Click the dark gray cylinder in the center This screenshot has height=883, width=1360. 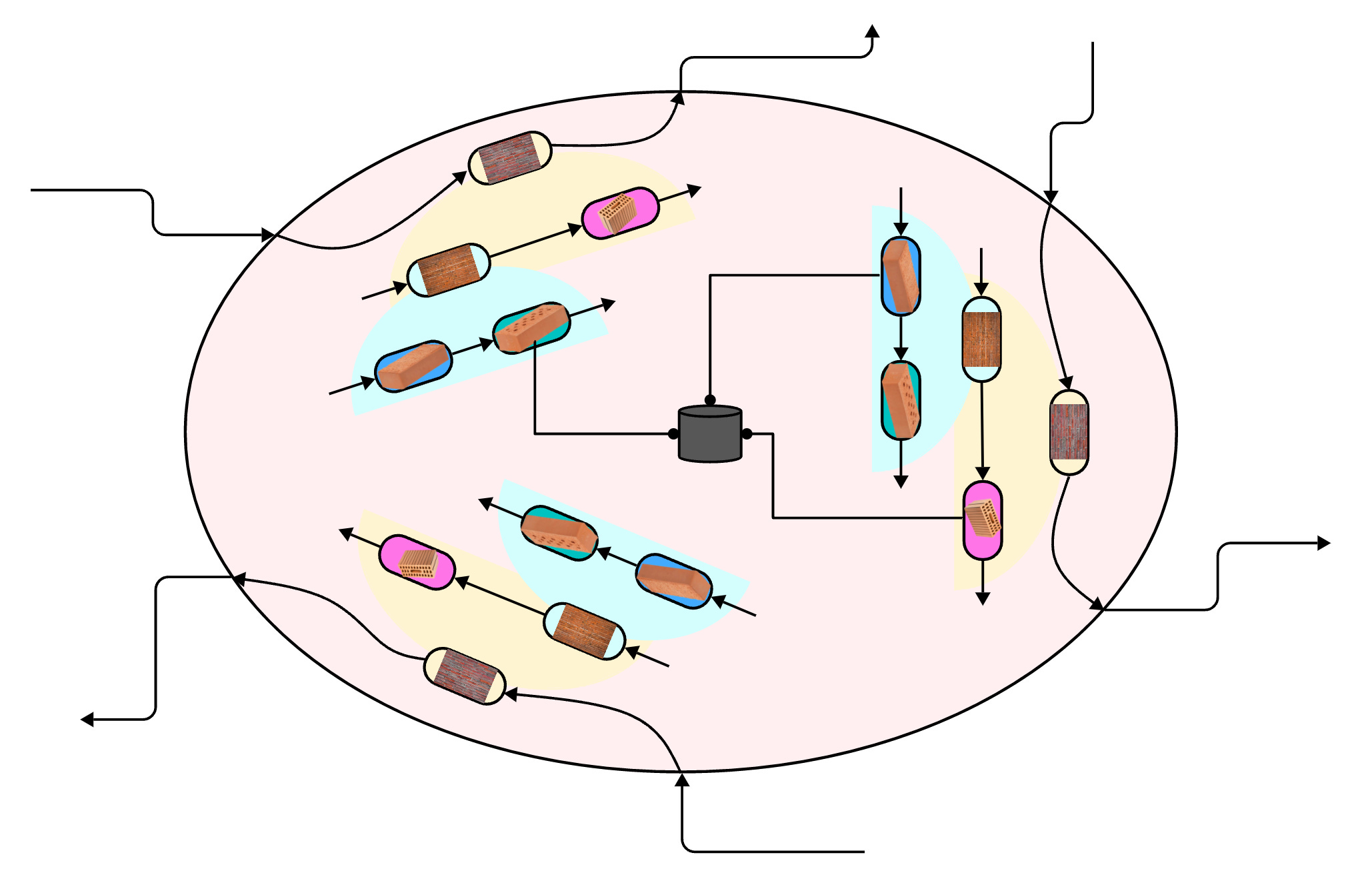coord(710,434)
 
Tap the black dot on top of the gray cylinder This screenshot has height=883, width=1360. coord(710,400)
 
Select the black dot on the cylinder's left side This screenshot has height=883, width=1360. coord(673,434)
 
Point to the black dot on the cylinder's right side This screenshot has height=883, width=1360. coord(747,434)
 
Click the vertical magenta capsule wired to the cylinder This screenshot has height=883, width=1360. coord(983,520)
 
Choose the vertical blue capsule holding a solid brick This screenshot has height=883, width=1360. coord(901,276)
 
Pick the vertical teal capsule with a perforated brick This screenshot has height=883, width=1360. coord(901,400)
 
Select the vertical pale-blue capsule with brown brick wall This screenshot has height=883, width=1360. coord(981,339)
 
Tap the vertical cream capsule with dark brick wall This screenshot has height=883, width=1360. coord(1069,432)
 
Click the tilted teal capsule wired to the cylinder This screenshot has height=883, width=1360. coord(531,328)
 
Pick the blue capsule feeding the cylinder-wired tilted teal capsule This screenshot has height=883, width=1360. coord(413,366)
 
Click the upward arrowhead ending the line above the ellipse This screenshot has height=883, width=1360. coord(872,31)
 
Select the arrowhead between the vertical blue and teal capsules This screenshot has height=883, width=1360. coord(901,354)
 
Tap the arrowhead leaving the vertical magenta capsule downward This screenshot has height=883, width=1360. coord(983,598)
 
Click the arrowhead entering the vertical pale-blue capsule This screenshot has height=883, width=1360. coord(981,289)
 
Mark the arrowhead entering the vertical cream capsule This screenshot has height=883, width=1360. coord(1066,383)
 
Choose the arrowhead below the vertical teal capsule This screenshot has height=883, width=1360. coord(901,482)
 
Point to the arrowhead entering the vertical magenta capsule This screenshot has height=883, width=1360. coord(983,474)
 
